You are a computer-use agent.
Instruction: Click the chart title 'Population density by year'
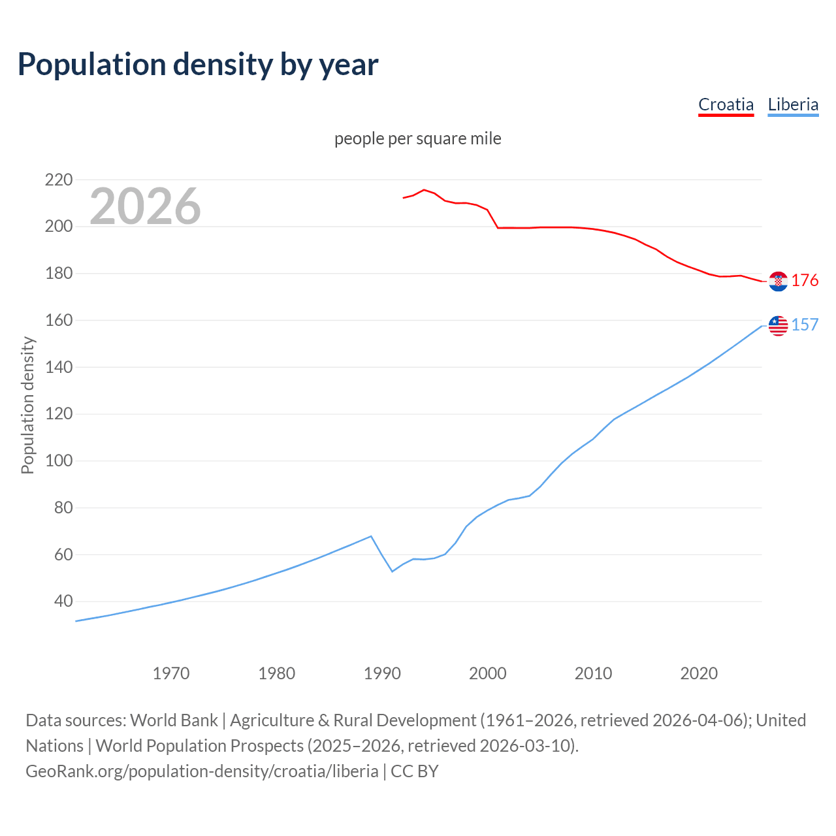[x=198, y=64]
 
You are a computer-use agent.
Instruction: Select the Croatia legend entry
[x=726, y=104]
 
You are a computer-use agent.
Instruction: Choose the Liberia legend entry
[x=793, y=104]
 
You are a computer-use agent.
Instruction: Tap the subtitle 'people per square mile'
[x=417, y=138]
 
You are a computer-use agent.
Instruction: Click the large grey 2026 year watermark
[x=145, y=206]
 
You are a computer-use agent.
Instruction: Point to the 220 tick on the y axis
[x=59, y=180]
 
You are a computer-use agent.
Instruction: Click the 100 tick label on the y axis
[x=59, y=461]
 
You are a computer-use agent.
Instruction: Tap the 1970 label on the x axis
[x=171, y=673]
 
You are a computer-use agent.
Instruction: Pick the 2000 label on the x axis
[x=488, y=673]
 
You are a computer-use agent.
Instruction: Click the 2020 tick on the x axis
[x=699, y=673]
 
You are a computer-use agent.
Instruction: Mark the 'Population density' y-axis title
[x=27, y=405]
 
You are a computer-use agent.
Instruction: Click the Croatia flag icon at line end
[x=778, y=281]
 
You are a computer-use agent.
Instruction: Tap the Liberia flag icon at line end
[x=778, y=325]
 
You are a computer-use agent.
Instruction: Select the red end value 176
[x=805, y=281]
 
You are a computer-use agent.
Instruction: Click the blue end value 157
[x=805, y=325]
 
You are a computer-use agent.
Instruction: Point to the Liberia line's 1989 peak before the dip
[x=371, y=536]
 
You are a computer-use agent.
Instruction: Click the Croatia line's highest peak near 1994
[x=424, y=190]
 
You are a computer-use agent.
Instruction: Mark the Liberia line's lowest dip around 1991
[x=393, y=571]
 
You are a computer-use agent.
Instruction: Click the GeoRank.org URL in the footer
[x=202, y=771]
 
